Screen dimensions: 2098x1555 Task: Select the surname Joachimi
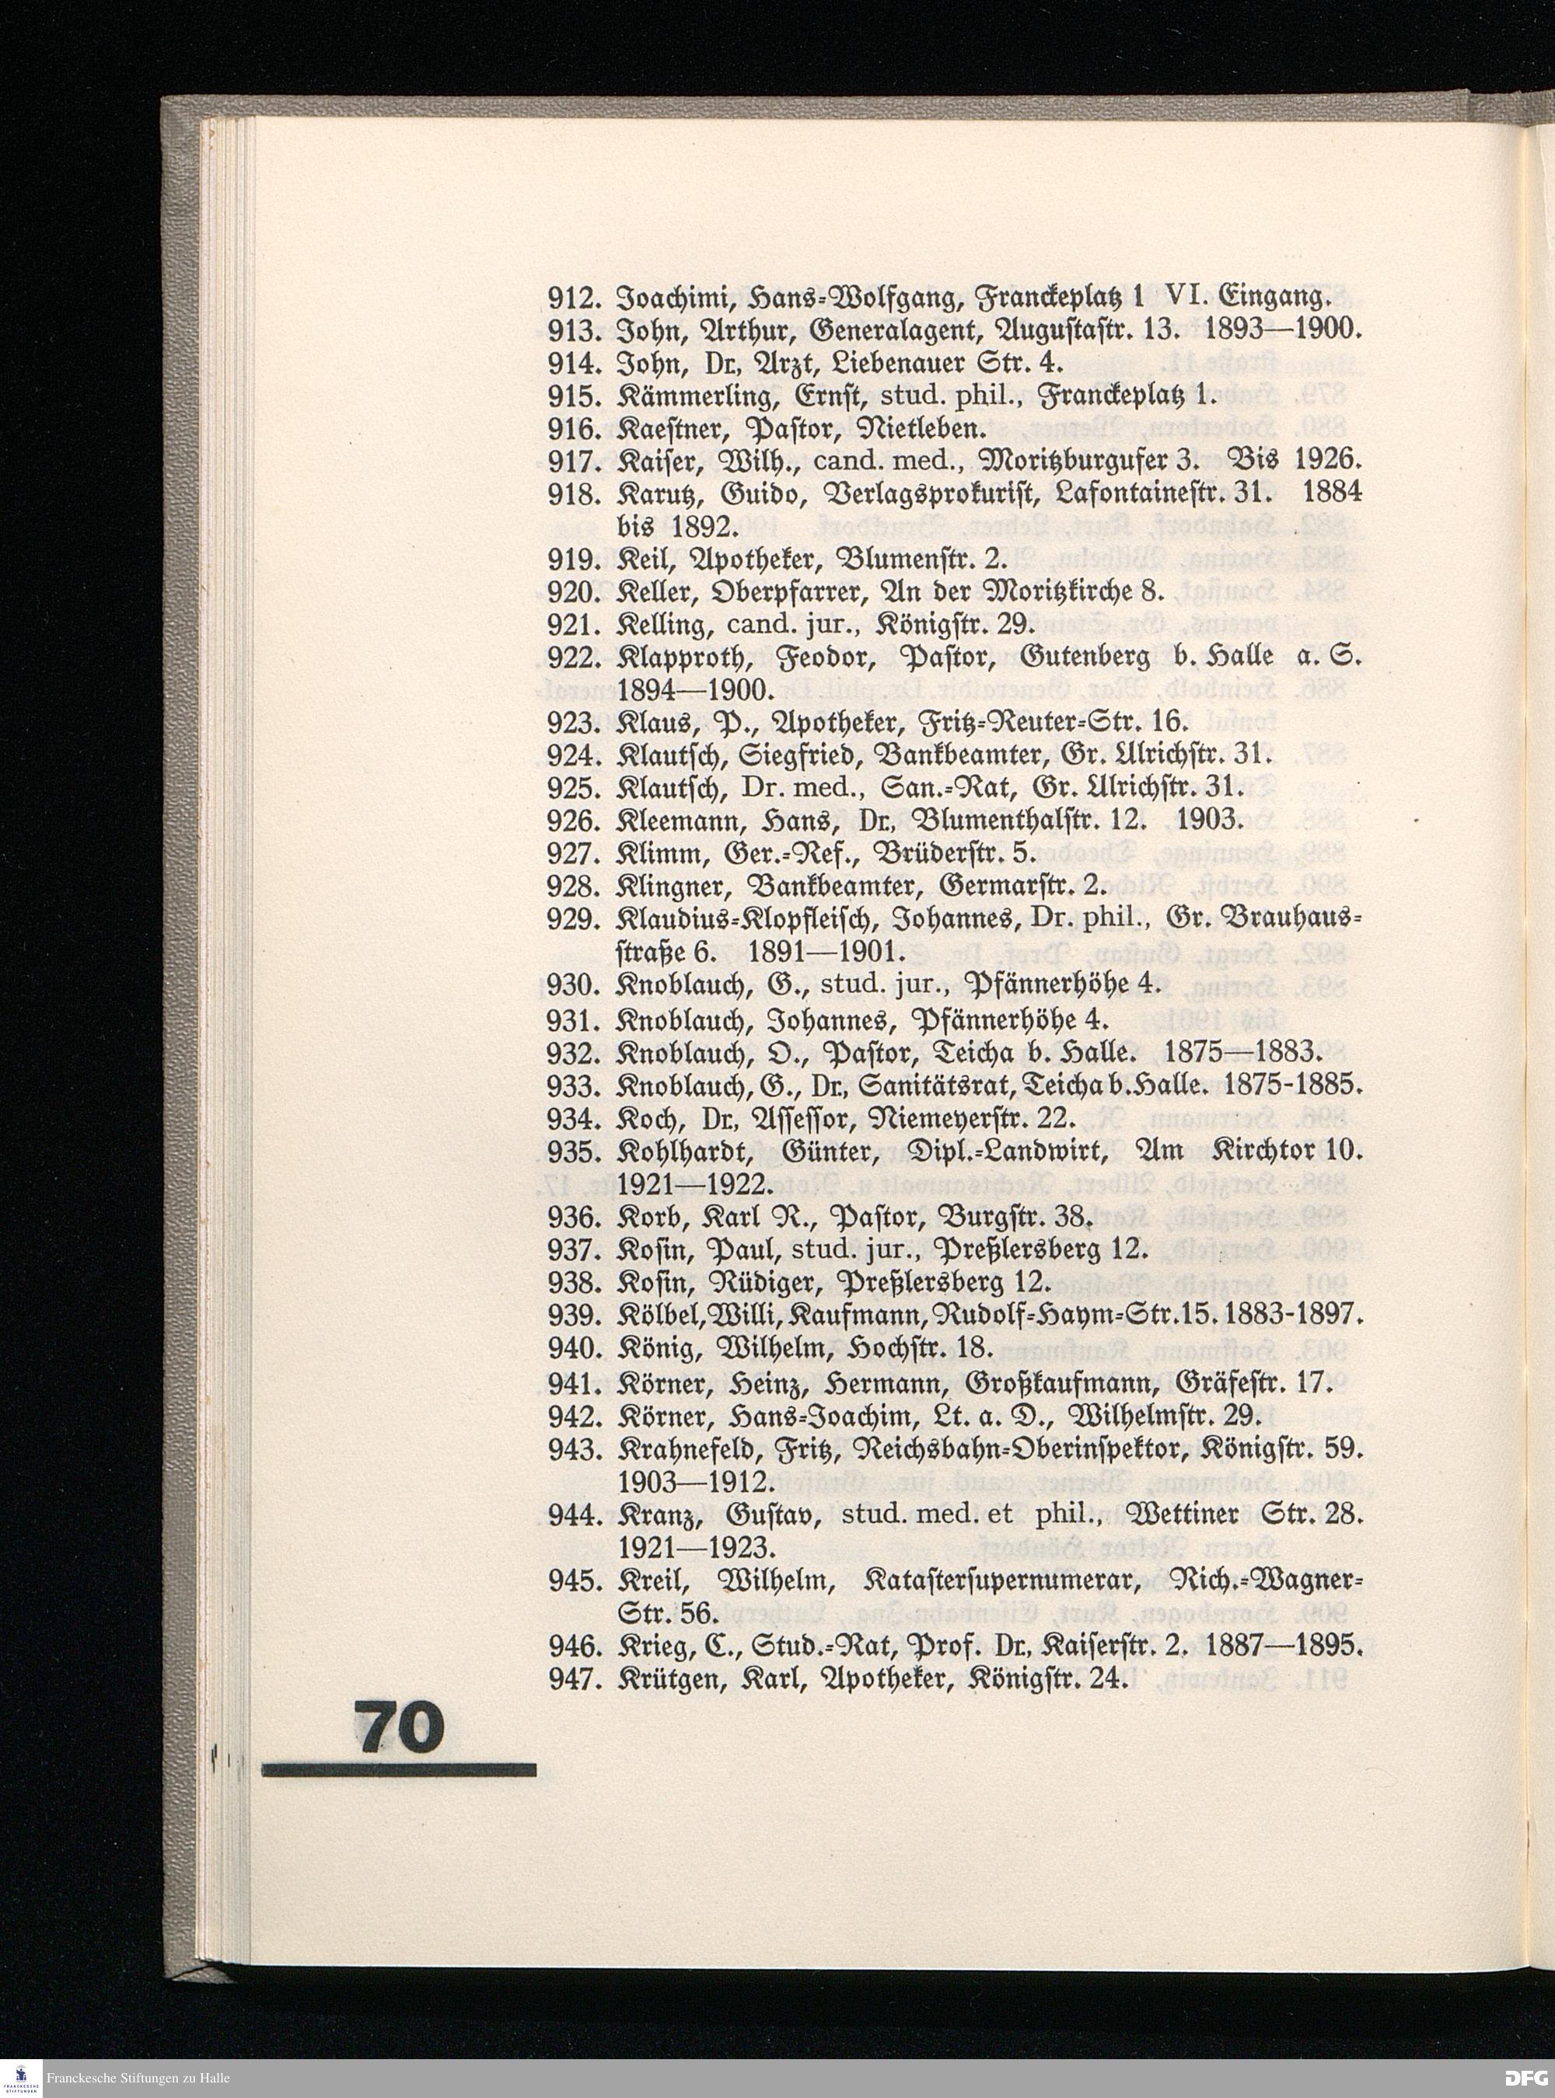666,298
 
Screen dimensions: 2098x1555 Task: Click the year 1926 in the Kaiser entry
1328,461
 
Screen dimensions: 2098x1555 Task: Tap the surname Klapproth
675,657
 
